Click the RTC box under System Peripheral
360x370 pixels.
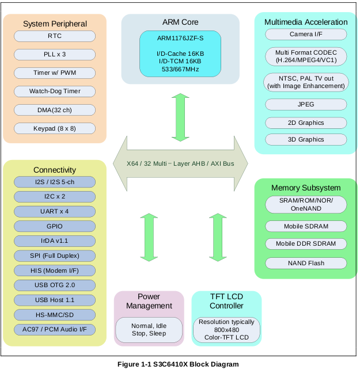point(55,36)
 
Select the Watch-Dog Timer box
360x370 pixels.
point(55,91)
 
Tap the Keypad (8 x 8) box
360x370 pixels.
point(55,128)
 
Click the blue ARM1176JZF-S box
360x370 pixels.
point(180,54)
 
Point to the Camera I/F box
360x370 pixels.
point(306,35)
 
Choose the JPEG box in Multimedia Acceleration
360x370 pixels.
point(306,105)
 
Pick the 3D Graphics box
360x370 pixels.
point(306,139)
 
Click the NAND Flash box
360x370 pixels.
point(306,263)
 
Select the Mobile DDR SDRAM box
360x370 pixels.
point(306,243)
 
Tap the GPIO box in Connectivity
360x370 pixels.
point(55,226)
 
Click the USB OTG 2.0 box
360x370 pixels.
point(55,285)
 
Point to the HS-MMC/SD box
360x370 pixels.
point(55,315)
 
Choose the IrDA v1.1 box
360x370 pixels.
point(55,241)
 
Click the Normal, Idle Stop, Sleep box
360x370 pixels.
point(149,330)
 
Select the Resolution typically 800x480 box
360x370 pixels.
point(226,330)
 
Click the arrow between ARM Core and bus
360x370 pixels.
point(180,117)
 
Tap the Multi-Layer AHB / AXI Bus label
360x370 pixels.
point(180,163)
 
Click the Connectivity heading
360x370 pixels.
point(55,170)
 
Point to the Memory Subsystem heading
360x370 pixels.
point(306,188)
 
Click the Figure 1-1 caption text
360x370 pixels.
point(178,364)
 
